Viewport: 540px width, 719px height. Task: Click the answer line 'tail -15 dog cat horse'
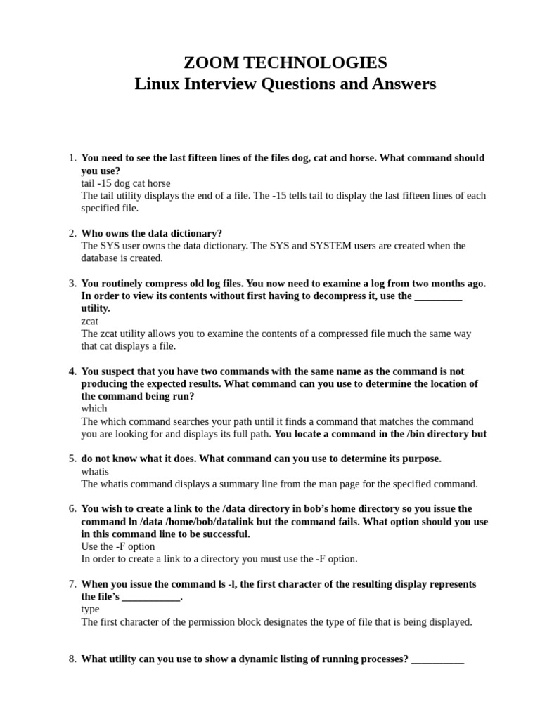(126, 183)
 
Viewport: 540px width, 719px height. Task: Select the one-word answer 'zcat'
(90, 321)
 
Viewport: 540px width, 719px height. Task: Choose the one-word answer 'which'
(94, 409)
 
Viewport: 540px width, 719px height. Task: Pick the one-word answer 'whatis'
(95, 471)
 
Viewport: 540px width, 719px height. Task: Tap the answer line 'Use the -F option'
(118, 546)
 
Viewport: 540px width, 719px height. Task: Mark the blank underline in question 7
(151, 598)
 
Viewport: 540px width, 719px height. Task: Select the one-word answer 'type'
(90, 609)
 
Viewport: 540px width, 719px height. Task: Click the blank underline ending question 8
(437, 660)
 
